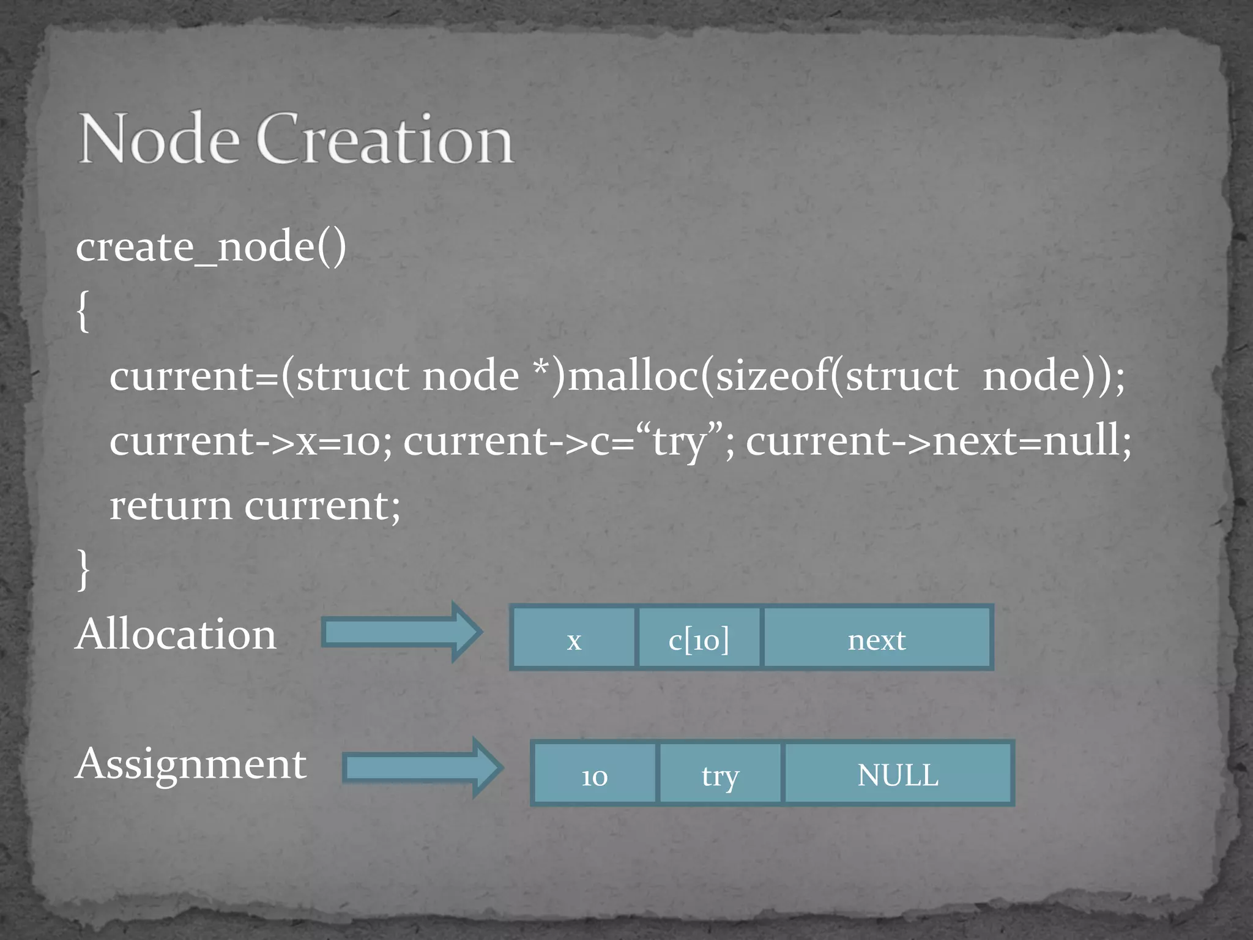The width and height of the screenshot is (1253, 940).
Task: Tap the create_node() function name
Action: [x=211, y=247]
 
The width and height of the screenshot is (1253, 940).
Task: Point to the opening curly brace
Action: [x=83, y=311]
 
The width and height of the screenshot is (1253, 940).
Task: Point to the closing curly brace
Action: [x=83, y=569]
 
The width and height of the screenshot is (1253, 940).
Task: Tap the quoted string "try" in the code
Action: [x=679, y=441]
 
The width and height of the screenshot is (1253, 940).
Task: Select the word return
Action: [x=171, y=506]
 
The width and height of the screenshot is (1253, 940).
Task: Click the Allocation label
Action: [x=176, y=634]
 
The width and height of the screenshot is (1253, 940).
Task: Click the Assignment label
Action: [x=191, y=764]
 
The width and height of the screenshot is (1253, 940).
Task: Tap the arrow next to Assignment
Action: [x=422, y=767]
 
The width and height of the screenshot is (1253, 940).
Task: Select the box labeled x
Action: [x=574, y=638]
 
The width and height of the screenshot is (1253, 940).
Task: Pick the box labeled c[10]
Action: [x=699, y=638]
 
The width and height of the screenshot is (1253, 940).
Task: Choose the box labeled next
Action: [x=877, y=638]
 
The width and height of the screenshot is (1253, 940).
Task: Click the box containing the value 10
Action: [x=594, y=774]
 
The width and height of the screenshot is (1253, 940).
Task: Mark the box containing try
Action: [x=720, y=774]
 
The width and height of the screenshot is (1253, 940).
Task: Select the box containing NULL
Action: [x=898, y=774]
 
